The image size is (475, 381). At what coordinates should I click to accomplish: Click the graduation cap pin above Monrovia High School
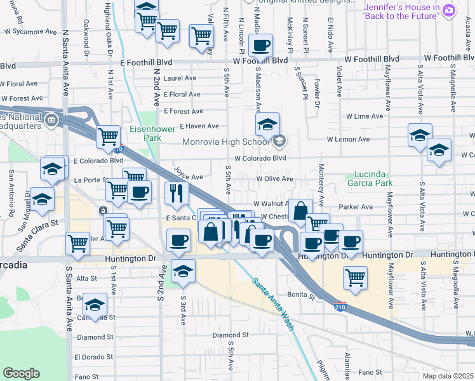pos(267,124)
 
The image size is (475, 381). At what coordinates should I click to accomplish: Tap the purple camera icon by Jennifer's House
pos(450,10)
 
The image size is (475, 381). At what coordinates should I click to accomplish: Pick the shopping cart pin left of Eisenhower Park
pos(108,136)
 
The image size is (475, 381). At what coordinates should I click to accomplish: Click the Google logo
pos(21,373)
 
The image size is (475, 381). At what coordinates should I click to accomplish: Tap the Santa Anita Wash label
pos(273,303)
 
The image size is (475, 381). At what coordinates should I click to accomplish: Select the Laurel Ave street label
pos(180,78)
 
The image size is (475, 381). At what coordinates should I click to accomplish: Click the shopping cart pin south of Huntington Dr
pos(355,276)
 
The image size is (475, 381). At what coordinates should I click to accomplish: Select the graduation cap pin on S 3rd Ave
pos(183,270)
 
